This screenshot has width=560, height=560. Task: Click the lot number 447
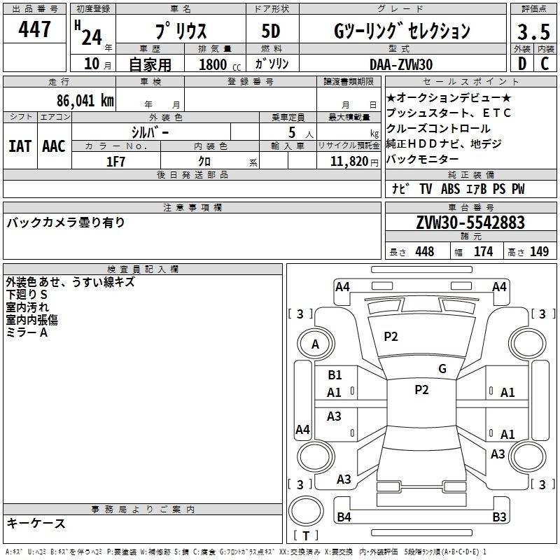(34, 29)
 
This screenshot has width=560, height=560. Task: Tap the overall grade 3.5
(533, 31)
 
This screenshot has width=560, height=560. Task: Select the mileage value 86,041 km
(85, 100)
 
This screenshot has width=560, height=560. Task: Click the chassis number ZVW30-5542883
(470, 223)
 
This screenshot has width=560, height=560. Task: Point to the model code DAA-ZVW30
(401, 64)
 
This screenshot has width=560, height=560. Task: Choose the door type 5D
(271, 31)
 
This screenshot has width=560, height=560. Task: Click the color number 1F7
(115, 162)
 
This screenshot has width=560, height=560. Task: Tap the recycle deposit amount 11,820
(349, 162)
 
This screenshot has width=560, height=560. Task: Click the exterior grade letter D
(522, 64)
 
